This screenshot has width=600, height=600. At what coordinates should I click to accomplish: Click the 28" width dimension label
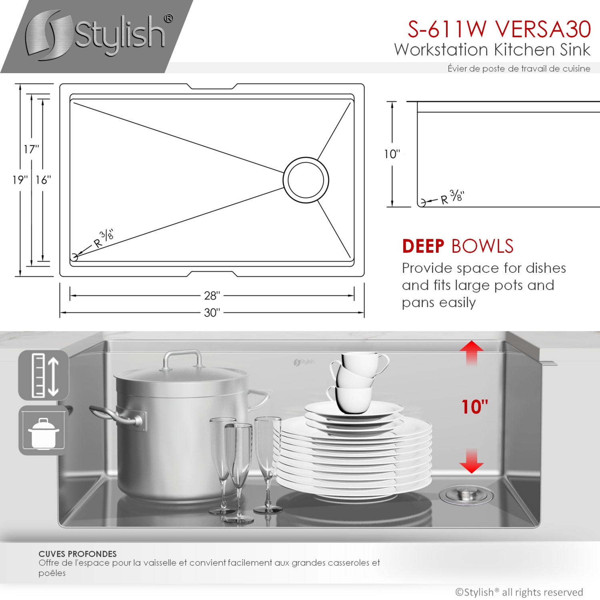(212, 296)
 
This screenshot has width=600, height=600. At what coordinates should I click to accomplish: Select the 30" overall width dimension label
(212, 312)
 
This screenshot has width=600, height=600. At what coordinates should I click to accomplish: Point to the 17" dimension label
(31, 149)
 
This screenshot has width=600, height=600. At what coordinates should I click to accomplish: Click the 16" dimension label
(43, 180)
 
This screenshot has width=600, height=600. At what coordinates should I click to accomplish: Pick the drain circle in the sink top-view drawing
(306, 180)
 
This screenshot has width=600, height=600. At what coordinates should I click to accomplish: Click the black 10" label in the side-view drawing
(392, 154)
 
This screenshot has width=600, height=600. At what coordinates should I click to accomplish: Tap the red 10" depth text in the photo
(475, 407)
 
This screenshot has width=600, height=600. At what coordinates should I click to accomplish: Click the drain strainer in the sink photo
(466, 495)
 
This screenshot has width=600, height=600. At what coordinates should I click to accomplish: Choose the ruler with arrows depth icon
(44, 375)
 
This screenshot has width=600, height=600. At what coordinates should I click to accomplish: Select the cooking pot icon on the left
(43, 431)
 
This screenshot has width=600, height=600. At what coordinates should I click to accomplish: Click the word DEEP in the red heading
(423, 246)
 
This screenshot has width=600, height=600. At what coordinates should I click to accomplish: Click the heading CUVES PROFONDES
(78, 554)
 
